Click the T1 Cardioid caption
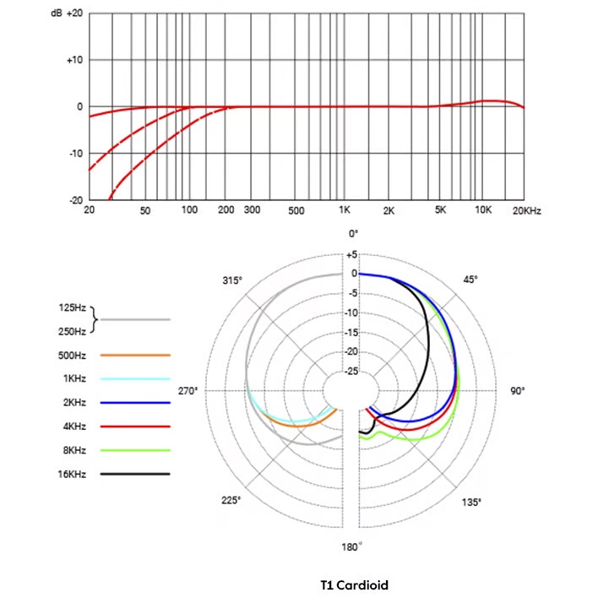(x=355, y=584)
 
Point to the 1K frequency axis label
(x=345, y=209)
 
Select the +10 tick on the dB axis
(x=74, y=60)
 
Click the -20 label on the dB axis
(x=74, y=200)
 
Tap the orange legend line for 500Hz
(x=135, y=356)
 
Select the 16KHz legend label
(x=73, y=474)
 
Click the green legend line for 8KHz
(x=135, y=450)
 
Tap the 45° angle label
(x=470, y=280)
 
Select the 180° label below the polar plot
(x=352, y=547)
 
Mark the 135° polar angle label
(x=471, y=503)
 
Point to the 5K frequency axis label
(x=440, y=209)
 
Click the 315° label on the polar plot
(x=232, y=280)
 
